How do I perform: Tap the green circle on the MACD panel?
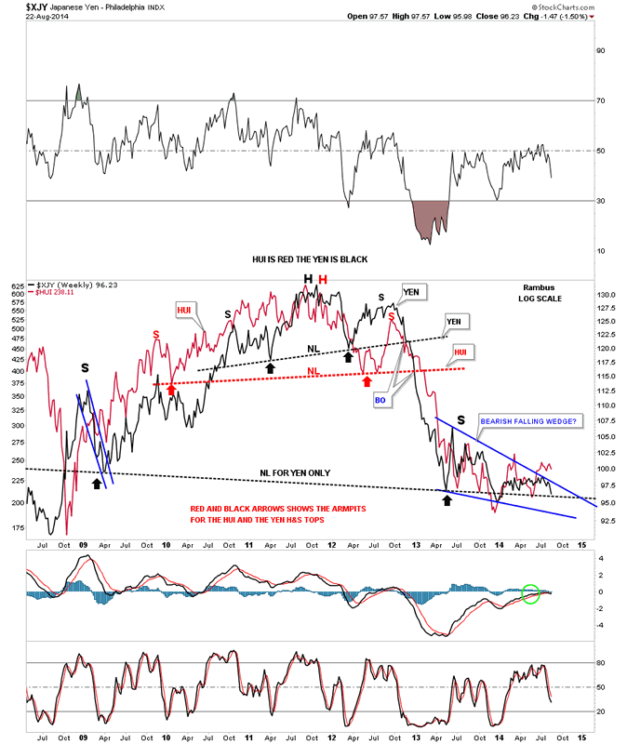tap(530, 591)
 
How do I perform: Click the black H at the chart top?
tap(306, 280)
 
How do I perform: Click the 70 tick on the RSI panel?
tap(600, 100)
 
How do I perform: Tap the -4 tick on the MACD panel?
tap(600, 625)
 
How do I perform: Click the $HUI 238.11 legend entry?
tap(58, 293)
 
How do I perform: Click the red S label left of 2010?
tap(155, 333)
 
